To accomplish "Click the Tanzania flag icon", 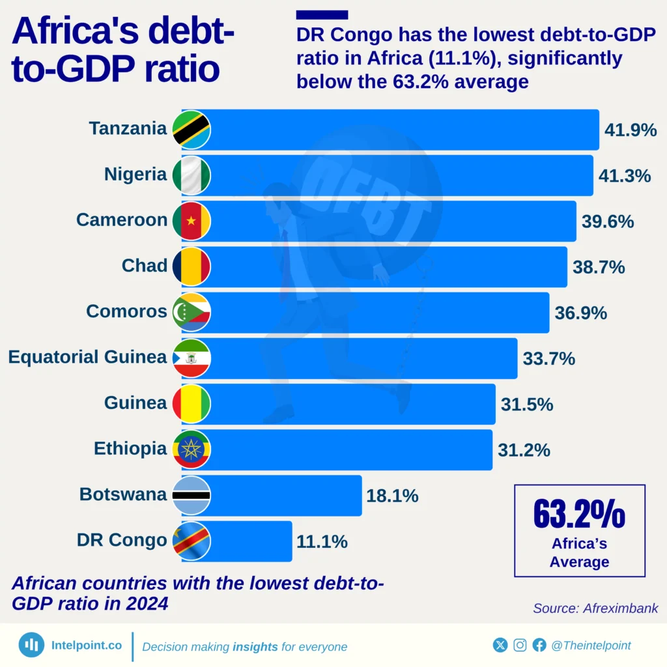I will click(x=192, y=130).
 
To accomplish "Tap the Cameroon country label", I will click(x=122, y=220).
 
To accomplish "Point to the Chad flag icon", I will click(x=192, y=266).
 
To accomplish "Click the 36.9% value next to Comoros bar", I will click(x=580, y=313).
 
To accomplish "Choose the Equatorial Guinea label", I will click(x=87, y=357).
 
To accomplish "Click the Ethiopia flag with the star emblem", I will click(x=192, y=449).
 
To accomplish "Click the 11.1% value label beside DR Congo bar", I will click(x=322, y=541).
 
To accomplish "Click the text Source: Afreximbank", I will click(x=595, y=608).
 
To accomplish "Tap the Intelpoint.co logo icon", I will click(x=31, y=645).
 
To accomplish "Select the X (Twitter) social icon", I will click(x=500, y=645).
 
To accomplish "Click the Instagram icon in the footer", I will click(x=520, y=645).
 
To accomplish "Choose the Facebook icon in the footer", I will click(x=539, y=645).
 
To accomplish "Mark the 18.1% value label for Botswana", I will click(x=392, y=496).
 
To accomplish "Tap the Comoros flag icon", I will click(x=192, y=312).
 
